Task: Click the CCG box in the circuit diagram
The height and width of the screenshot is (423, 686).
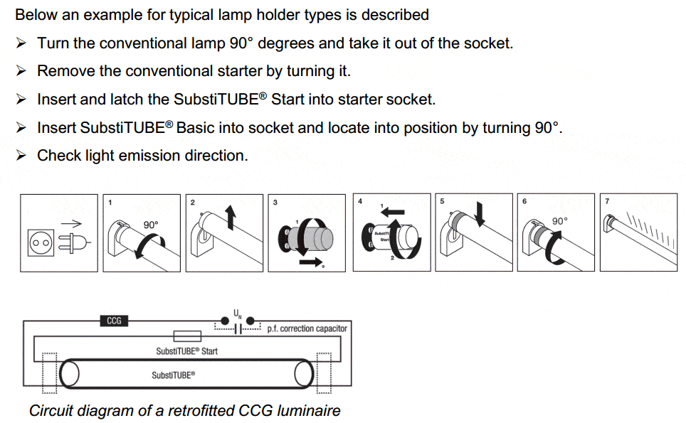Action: [x=114, y=321]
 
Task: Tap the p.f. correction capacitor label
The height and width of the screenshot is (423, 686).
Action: [x=307, y=328]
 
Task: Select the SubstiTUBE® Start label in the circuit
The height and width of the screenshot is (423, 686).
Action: [x=186, y=350]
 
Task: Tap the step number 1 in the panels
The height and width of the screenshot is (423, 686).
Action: [x=110, y=203]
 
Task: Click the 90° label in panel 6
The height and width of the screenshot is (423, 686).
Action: [x=560, y=221]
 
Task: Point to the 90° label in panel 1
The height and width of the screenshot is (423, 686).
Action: [x=151, y=225]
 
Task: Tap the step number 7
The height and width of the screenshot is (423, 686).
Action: [x=606, y=202]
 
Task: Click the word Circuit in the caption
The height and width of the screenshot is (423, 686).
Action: [x=52, y=410]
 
